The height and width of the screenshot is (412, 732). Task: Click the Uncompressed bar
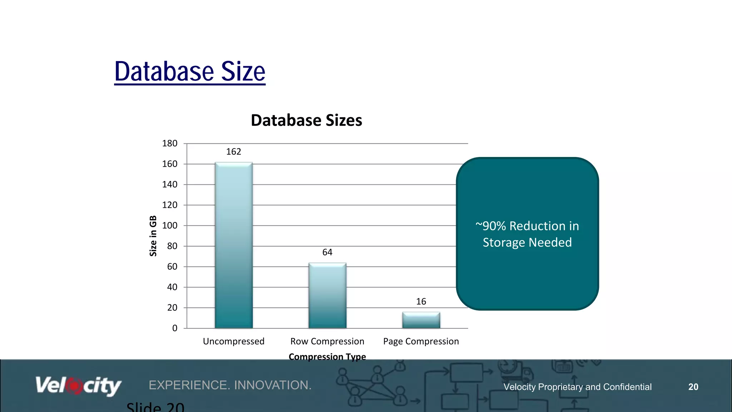pos(234,245)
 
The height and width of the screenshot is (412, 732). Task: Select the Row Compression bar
pos(327,295)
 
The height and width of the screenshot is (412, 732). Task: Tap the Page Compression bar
pos(421,320)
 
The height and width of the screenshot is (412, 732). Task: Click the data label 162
pos(234,152)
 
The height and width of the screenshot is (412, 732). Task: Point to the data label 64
pos(327,252)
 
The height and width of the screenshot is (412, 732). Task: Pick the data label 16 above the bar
pos(421,301)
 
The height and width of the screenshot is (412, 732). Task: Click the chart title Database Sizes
pos(306,120)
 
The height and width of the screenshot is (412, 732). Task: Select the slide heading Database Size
pos(190,72)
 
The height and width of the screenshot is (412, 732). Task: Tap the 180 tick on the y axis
pos(170,143)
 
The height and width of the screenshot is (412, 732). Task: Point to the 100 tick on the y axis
pos(170,226)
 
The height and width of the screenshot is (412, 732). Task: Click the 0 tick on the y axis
pos(175,328)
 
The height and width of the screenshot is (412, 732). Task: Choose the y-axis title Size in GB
pos(153,236)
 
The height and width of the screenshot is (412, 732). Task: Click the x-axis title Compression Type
pos(327,357)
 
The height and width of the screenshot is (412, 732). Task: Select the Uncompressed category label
pos(234,341)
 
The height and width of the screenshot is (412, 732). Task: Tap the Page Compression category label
pos(421,341)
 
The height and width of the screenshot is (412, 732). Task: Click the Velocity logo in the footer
pos(78,386)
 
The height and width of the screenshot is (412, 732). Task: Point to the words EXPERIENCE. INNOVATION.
pos(230,385)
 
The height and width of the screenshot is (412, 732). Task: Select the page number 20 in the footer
pos(693,387)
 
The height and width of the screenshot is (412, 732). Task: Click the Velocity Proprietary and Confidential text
pos(577,387)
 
